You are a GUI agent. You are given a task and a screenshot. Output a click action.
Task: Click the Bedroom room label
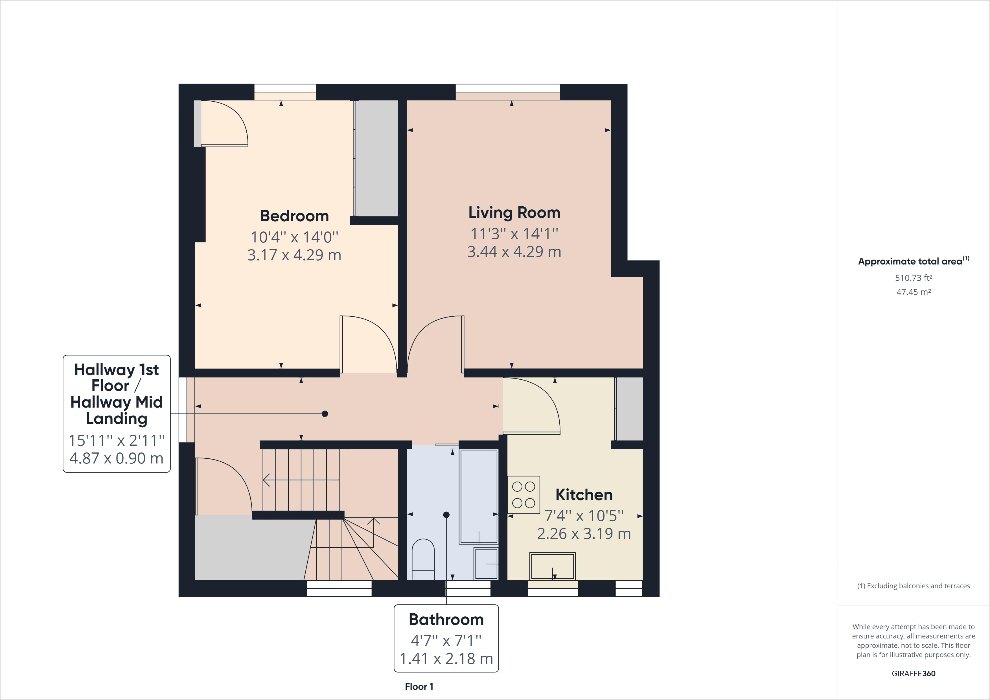295,216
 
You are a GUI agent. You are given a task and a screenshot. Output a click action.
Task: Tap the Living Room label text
514,212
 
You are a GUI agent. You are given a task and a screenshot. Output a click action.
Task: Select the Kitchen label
584,495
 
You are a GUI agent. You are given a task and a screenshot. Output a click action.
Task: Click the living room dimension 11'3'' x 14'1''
514,233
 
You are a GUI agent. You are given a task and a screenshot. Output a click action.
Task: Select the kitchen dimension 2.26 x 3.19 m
584,533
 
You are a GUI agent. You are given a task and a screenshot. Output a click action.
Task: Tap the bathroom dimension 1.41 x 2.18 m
446,659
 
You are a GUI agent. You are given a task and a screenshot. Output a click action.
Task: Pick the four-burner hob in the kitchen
524,495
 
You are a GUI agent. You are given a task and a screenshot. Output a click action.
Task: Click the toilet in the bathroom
423,559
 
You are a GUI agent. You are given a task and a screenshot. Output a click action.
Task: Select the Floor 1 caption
419,687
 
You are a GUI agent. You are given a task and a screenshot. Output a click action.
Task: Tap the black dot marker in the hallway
325,414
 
